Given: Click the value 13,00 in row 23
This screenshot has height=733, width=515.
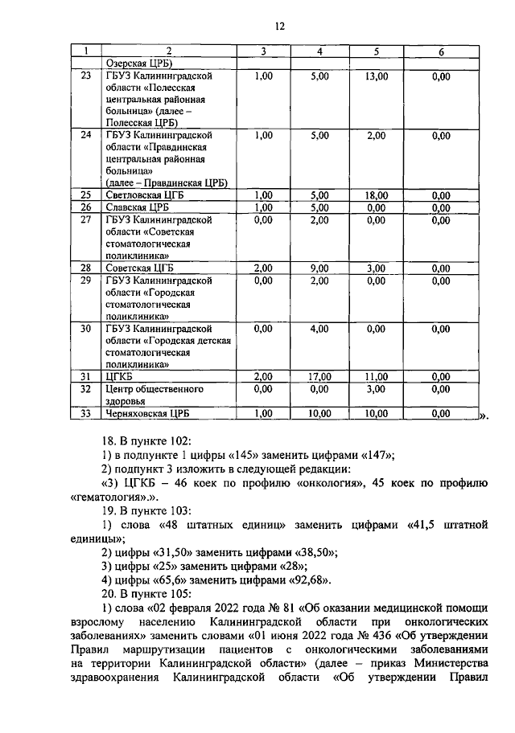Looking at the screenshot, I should [376, 76].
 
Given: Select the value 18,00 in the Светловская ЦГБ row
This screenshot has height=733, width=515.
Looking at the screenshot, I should [376, 195].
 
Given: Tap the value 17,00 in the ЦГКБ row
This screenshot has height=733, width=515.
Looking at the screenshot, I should [319, 376].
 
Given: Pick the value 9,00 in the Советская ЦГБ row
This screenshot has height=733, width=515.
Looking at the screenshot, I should [319, 268].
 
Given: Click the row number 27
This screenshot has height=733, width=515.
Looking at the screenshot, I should [85, 219].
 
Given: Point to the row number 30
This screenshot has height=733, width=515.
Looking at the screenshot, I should [85, 328].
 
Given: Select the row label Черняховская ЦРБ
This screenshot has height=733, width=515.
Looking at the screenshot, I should [147, 414].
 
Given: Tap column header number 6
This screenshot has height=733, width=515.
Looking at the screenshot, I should [440, 51].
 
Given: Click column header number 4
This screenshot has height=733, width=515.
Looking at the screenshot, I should [319, 51].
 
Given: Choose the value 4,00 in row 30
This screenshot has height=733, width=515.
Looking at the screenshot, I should [319, 328].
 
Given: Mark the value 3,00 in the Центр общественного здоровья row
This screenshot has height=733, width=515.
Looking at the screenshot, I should [376, 388].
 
